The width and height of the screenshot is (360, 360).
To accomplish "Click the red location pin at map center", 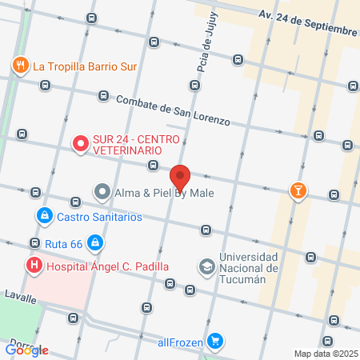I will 181,176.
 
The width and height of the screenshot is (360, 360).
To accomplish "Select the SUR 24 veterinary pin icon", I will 80,144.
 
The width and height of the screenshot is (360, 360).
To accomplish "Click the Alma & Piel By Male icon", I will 102,192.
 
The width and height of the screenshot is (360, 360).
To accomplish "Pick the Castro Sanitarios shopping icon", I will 43,216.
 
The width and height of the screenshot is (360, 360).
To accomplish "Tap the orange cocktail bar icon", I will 298,190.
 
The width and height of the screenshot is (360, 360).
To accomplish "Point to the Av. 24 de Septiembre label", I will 307,22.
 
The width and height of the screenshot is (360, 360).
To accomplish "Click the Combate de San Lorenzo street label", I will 173,110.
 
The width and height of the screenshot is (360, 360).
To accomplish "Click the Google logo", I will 27,350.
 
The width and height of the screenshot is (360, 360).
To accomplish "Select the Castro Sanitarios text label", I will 98,217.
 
